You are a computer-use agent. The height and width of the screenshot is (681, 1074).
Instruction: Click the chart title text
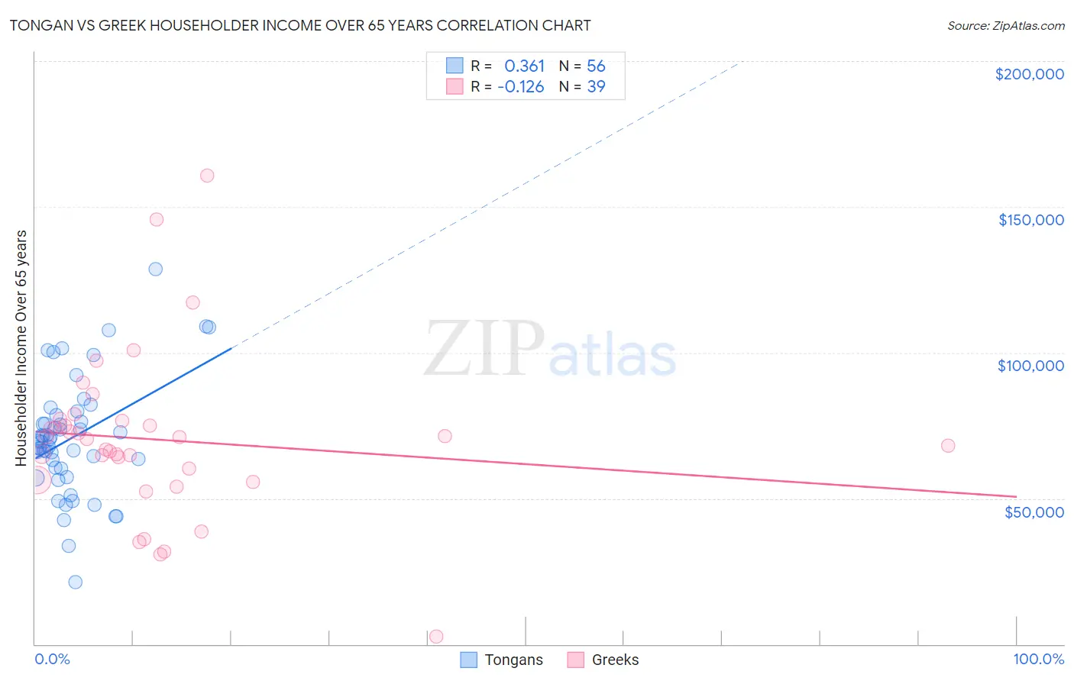coord(300,25)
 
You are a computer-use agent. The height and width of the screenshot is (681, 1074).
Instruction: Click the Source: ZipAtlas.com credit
coord(1005,25)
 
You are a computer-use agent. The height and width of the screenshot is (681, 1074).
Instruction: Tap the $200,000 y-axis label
coord(1029,74)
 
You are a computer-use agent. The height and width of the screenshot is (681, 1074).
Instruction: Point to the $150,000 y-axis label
coord(1030,220)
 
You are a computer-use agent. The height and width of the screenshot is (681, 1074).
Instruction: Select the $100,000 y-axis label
coord(1030,366)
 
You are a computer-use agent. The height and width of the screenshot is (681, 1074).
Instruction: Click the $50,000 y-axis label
coord(1034,512)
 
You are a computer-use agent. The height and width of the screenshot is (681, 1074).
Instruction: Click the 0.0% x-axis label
coord(52,659)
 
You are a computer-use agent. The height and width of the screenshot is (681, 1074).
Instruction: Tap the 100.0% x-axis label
coord(1038,659)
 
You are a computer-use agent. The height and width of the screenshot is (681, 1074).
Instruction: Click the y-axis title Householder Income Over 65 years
coord(21,347)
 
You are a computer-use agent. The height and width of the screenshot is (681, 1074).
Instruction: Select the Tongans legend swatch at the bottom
coord(469,660)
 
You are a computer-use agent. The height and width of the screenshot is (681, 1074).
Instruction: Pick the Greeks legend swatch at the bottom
coord(576,660)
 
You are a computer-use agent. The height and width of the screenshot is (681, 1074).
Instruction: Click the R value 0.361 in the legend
coord(524,66)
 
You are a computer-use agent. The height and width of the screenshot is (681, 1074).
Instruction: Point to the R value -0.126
coord(520,86)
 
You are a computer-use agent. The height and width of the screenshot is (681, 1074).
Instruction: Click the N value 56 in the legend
coord(596,66)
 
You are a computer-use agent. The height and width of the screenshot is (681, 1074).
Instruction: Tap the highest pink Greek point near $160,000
coord(207,176)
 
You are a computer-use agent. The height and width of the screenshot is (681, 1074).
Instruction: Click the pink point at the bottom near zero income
coord(436,636)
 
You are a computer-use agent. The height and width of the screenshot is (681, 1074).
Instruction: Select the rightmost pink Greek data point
coord(948,446)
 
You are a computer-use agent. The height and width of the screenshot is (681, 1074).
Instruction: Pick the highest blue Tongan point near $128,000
coord(155,269)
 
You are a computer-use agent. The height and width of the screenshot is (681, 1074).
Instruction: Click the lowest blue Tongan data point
coord(75,582)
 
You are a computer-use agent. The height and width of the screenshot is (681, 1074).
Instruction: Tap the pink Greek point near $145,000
coord(157,219)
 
